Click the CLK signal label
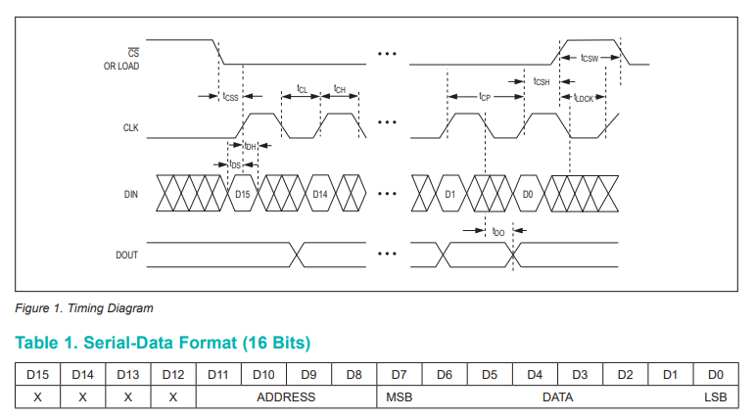point(130,127)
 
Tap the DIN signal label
point(130,194)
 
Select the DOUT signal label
point(126,255)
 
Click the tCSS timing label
point(231,97)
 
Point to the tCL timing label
point(302,89)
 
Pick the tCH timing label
point(340,89)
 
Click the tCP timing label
point(485,97)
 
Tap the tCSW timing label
point(590,58)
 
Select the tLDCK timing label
point(584,98)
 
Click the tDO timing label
point(498,232)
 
